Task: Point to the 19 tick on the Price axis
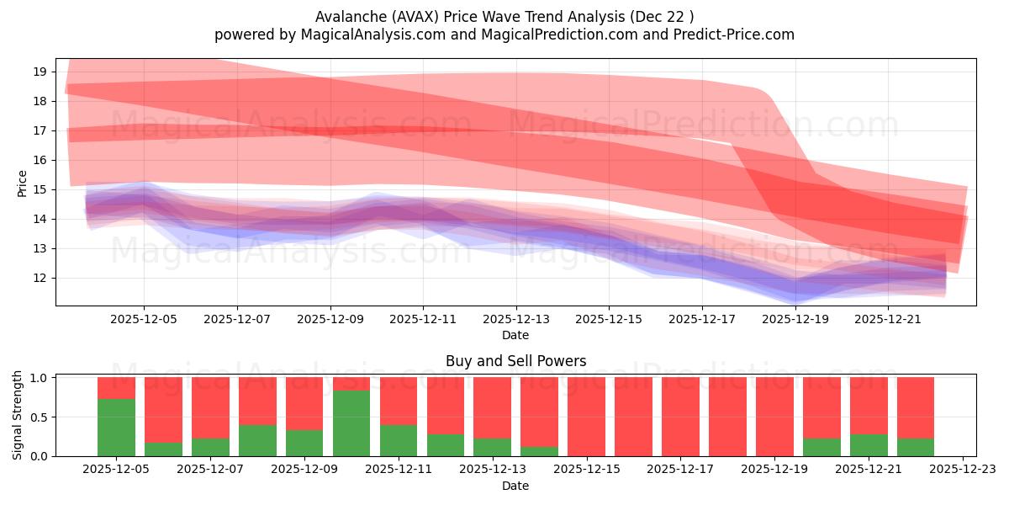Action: click(38, 72)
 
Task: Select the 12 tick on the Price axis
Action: click(38, 278)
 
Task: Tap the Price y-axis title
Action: click(22, 183)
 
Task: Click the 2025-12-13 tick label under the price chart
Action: click(515, 319)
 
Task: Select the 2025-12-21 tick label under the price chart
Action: click(888, 319)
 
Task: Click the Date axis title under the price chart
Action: click(515, 335)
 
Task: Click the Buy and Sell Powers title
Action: click(515, 361)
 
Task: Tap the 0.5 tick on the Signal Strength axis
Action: click(38, 417)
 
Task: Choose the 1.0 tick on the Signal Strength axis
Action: click(38, 378)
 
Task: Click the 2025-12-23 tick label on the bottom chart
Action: click(962, 470)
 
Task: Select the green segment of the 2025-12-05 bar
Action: click(116, 428)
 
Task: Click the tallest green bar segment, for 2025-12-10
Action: click(351, 423)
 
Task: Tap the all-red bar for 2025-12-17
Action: click(679, 417)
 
